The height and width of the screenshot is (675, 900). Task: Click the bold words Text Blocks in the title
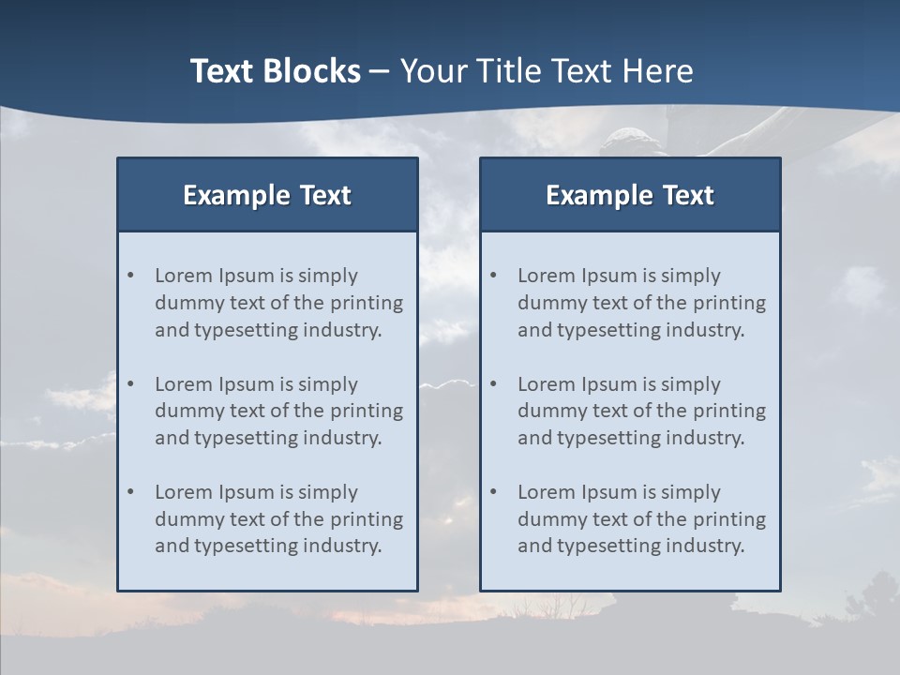(x=275, y=71)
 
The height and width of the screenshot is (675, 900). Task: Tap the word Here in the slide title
(x=657, y=71)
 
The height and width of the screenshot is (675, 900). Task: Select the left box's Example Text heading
(x=267, y=195)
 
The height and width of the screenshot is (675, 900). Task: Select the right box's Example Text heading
(x=630, y=195)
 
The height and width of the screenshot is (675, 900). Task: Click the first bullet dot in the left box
(x=130, y=276)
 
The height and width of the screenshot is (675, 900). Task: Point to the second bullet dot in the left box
(x=130, y=384)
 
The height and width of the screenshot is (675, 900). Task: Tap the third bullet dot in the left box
(x=130, y=492)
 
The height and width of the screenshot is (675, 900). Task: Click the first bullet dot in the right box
(x=493, y=276)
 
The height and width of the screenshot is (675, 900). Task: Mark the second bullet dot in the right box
(x=493, y=384)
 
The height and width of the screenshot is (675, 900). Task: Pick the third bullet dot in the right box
(x=493, y=492)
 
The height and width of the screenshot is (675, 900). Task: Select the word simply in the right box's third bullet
(x=691, y=492)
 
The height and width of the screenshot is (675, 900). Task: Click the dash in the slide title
(x=380, y=71)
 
